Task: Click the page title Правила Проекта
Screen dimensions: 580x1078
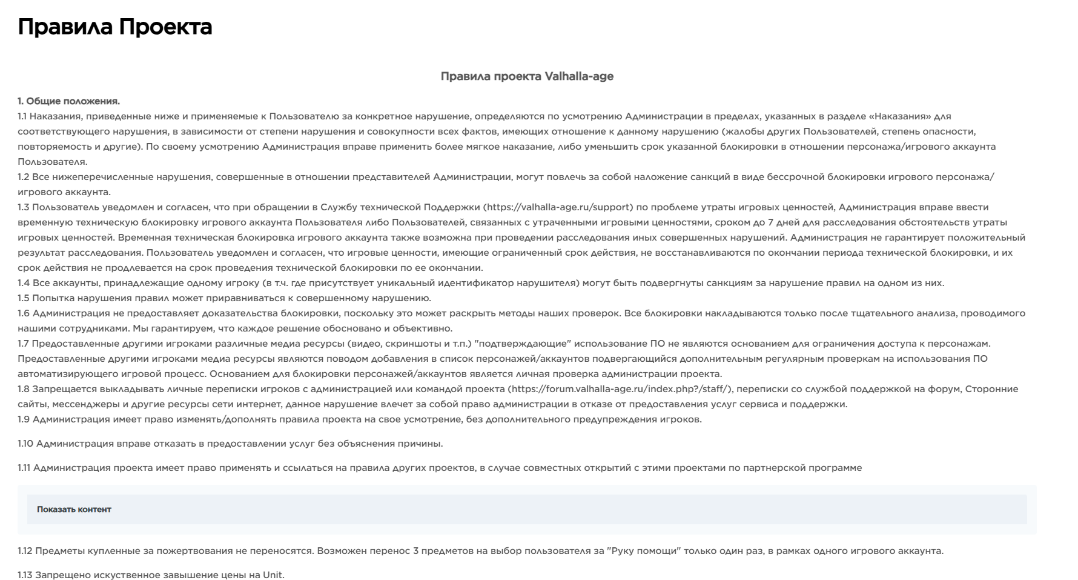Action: pos(115,27)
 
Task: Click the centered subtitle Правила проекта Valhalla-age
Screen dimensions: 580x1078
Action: pos(527,76)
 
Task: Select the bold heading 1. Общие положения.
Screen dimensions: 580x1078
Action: pos(68,101)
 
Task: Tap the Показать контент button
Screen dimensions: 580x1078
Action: pos(74,510)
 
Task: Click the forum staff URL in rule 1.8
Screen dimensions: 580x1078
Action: pos(620,389)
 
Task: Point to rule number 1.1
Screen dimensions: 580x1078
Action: pos(22,116)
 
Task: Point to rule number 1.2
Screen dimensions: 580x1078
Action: pos(23,177)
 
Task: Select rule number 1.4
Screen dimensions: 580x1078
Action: pos(23,283)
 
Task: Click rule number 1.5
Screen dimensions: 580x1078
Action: pos(23,298)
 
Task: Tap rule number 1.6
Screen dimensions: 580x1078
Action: pos(23,313)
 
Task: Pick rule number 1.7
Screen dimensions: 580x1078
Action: pos(23,344)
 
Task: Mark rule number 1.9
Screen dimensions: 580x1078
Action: pos(23,419)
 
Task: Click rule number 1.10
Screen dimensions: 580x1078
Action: pos(25,444)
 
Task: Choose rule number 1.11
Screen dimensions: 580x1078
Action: pos(24,468)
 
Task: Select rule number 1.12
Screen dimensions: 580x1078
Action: pos(25,551)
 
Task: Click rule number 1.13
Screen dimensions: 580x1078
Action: pos(25,575)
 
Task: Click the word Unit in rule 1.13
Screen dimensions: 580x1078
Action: pos(273,575)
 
